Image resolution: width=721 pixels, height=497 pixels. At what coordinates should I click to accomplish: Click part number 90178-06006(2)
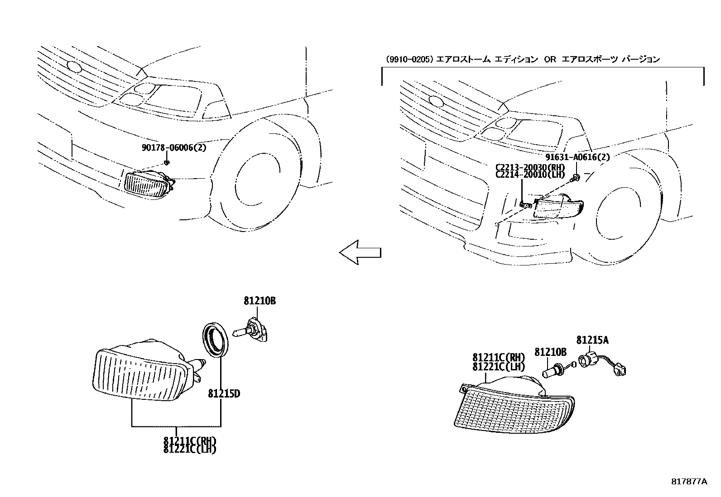pyautogui.click(x=173, y=147)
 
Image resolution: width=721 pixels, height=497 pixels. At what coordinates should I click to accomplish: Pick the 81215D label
pyautogui.click(x=224, y=393)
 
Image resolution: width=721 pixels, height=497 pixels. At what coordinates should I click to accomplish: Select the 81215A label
pyautogui.click(x=592, y=340)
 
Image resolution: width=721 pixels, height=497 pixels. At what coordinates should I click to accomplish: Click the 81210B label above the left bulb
pyautogui.click(x=260, y=301)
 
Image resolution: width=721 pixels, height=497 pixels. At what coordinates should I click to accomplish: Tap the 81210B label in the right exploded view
pyautogui.click(x=550, y=352)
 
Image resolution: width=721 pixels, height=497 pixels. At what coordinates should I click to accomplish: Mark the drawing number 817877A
pyautogui.click(x=689, y=482)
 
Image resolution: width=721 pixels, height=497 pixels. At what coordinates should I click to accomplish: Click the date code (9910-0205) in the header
pyautogui.click(x=409, y=59)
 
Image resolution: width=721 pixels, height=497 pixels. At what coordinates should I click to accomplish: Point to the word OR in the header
pyautogui.click(x=549, y=59)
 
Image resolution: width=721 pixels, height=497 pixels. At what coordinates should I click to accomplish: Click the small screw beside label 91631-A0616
pyautogui.click(x=576, y=178)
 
